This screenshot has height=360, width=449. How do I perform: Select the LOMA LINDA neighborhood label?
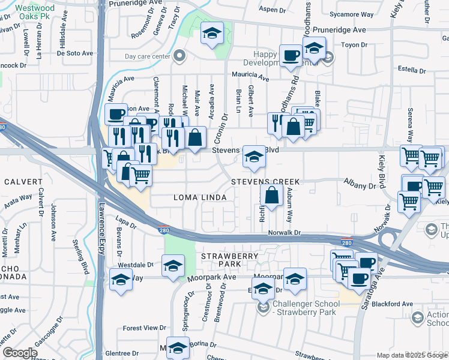click(x=200, y=197)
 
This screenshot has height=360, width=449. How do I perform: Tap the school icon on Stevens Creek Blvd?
click(x=254, y=158)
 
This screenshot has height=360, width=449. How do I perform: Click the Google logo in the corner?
click(x=20, y=353)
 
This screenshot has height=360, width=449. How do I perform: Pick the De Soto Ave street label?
click(x=75, y=53)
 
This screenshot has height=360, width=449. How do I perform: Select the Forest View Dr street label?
click(x=144, y=328)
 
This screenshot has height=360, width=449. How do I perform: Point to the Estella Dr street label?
click(x=411, y=70)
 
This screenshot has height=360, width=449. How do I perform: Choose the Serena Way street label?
click(x=411, y=122)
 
